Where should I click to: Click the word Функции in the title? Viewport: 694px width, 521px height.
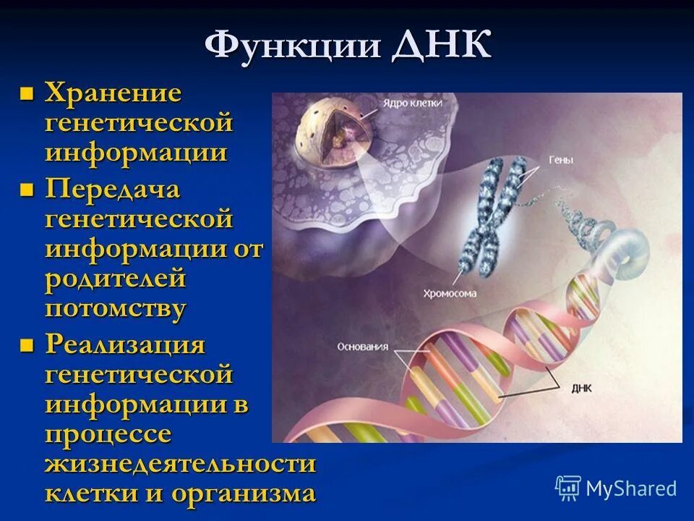coord(293,47)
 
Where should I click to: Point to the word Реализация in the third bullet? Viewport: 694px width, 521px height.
coord(125,344)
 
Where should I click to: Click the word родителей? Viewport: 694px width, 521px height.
coord(116,279)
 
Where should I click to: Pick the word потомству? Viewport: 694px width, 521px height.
coord(116,309)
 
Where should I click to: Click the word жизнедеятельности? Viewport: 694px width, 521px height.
coord(180,463)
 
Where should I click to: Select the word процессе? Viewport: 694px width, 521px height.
coord(108,434)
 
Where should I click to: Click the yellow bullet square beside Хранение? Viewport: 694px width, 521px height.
coord(27,93)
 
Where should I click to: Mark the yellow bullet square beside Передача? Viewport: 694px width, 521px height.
coord(27,191)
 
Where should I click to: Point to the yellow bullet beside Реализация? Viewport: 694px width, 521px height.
coord(27,345)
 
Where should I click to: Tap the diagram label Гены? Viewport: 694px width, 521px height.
coord(561,161)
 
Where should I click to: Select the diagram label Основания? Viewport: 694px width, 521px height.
coord(362,347)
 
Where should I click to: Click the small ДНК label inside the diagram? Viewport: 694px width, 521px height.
coord(581,388)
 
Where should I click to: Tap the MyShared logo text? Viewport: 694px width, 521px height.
coord(630,488)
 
